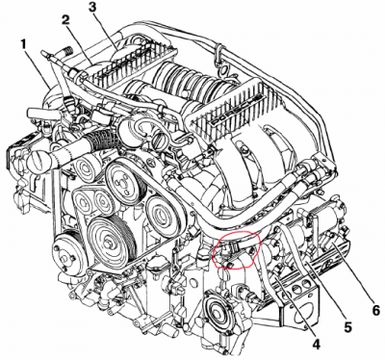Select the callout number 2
65,20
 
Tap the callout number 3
92,8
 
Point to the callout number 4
316,345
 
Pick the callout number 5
348,326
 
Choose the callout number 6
375,310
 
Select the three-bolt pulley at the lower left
66,253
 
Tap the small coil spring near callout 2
65,50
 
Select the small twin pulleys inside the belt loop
92,201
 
